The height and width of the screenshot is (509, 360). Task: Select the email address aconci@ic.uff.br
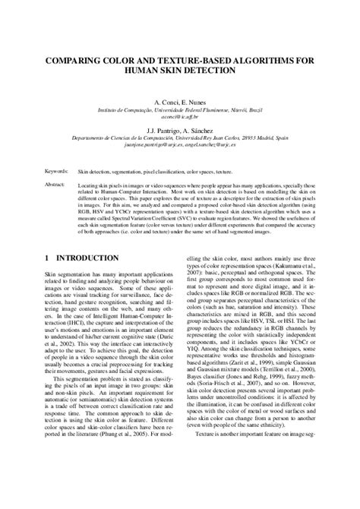click(x=180, y=117)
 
